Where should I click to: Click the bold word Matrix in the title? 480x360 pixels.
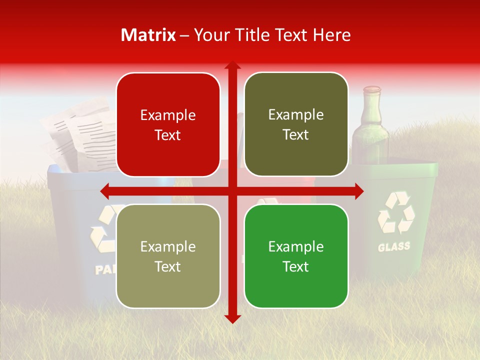pyautogui.click(x=148, y=35)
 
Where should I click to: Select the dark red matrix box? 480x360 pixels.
pyautogui.click(x=168, y=124)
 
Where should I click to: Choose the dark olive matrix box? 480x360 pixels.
pyautogui.click(x=296, y=124)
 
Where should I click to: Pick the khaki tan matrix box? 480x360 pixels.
pyautogui.click(x=168, y=256)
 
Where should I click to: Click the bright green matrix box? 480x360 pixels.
pyautogui.click(x=296, y=256)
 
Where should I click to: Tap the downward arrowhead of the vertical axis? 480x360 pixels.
pyautogui.click(x=232, y=318)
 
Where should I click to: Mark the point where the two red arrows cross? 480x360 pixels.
pyautogui.click(x=232, y=190)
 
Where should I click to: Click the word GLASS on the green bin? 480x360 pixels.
pyautogui.click(x=394, y=246)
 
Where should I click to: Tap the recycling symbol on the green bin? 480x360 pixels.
pyautogui.click(x=396, y=213)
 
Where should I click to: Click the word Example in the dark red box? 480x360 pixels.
pyautogui.click(x=168, y=115)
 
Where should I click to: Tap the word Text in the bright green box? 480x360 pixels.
pyautogui.click(x=296, y=266)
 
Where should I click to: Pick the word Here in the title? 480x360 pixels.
pyautogui.click(x=332, y=35)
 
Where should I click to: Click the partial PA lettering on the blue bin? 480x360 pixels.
pyautogui.click(x=105, y=270)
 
